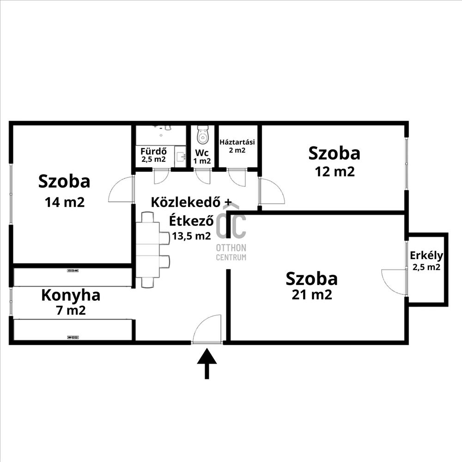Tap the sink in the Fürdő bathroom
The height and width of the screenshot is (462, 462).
[180, 156]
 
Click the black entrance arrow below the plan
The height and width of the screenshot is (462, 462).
[207, 363]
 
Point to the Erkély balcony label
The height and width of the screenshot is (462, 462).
[426, 255]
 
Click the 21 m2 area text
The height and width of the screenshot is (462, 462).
[312, 295]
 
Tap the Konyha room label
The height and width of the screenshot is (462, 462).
[71, 295]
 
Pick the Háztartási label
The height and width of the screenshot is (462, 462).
[237, 142]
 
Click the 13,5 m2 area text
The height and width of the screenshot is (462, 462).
[192, 236]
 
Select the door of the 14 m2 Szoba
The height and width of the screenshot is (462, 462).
[121, 188]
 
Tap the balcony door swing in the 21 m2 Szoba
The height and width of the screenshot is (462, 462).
[394, 282]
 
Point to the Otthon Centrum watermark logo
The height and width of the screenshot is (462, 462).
[231, 233]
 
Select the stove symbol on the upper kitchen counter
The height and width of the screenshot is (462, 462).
[73, 270]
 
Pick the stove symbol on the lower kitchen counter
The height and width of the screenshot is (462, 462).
[73, 337]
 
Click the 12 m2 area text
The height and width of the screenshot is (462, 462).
[334, 171]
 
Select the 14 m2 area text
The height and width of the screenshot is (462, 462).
[65, 202]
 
